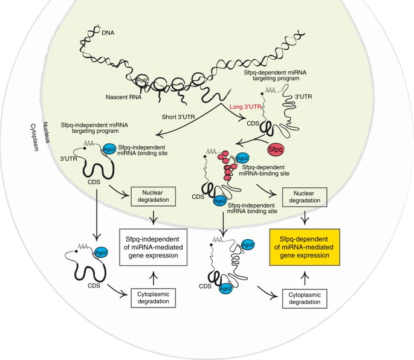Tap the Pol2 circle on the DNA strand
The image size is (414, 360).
coord(142,80)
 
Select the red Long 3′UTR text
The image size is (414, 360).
coord(245,108)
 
